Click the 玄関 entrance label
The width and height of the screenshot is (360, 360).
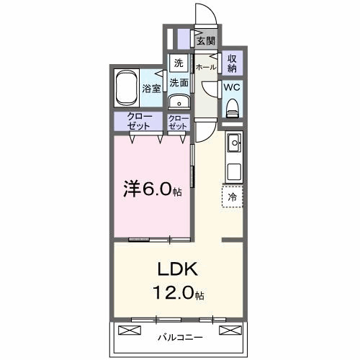(206, 40)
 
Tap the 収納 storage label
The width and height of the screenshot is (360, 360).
(233, 63)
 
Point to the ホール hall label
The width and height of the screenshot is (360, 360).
(207, 66)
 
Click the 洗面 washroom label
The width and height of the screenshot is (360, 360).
(179, 83)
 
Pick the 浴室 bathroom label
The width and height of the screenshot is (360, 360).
(151, 89)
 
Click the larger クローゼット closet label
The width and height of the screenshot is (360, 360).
(139, 121)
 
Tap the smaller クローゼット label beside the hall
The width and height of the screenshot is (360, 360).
(178, 121)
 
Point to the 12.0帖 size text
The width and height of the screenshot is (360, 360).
(177, 294)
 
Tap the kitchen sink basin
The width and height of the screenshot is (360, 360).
(234, 145)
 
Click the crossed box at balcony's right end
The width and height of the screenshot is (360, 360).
(230, 330)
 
